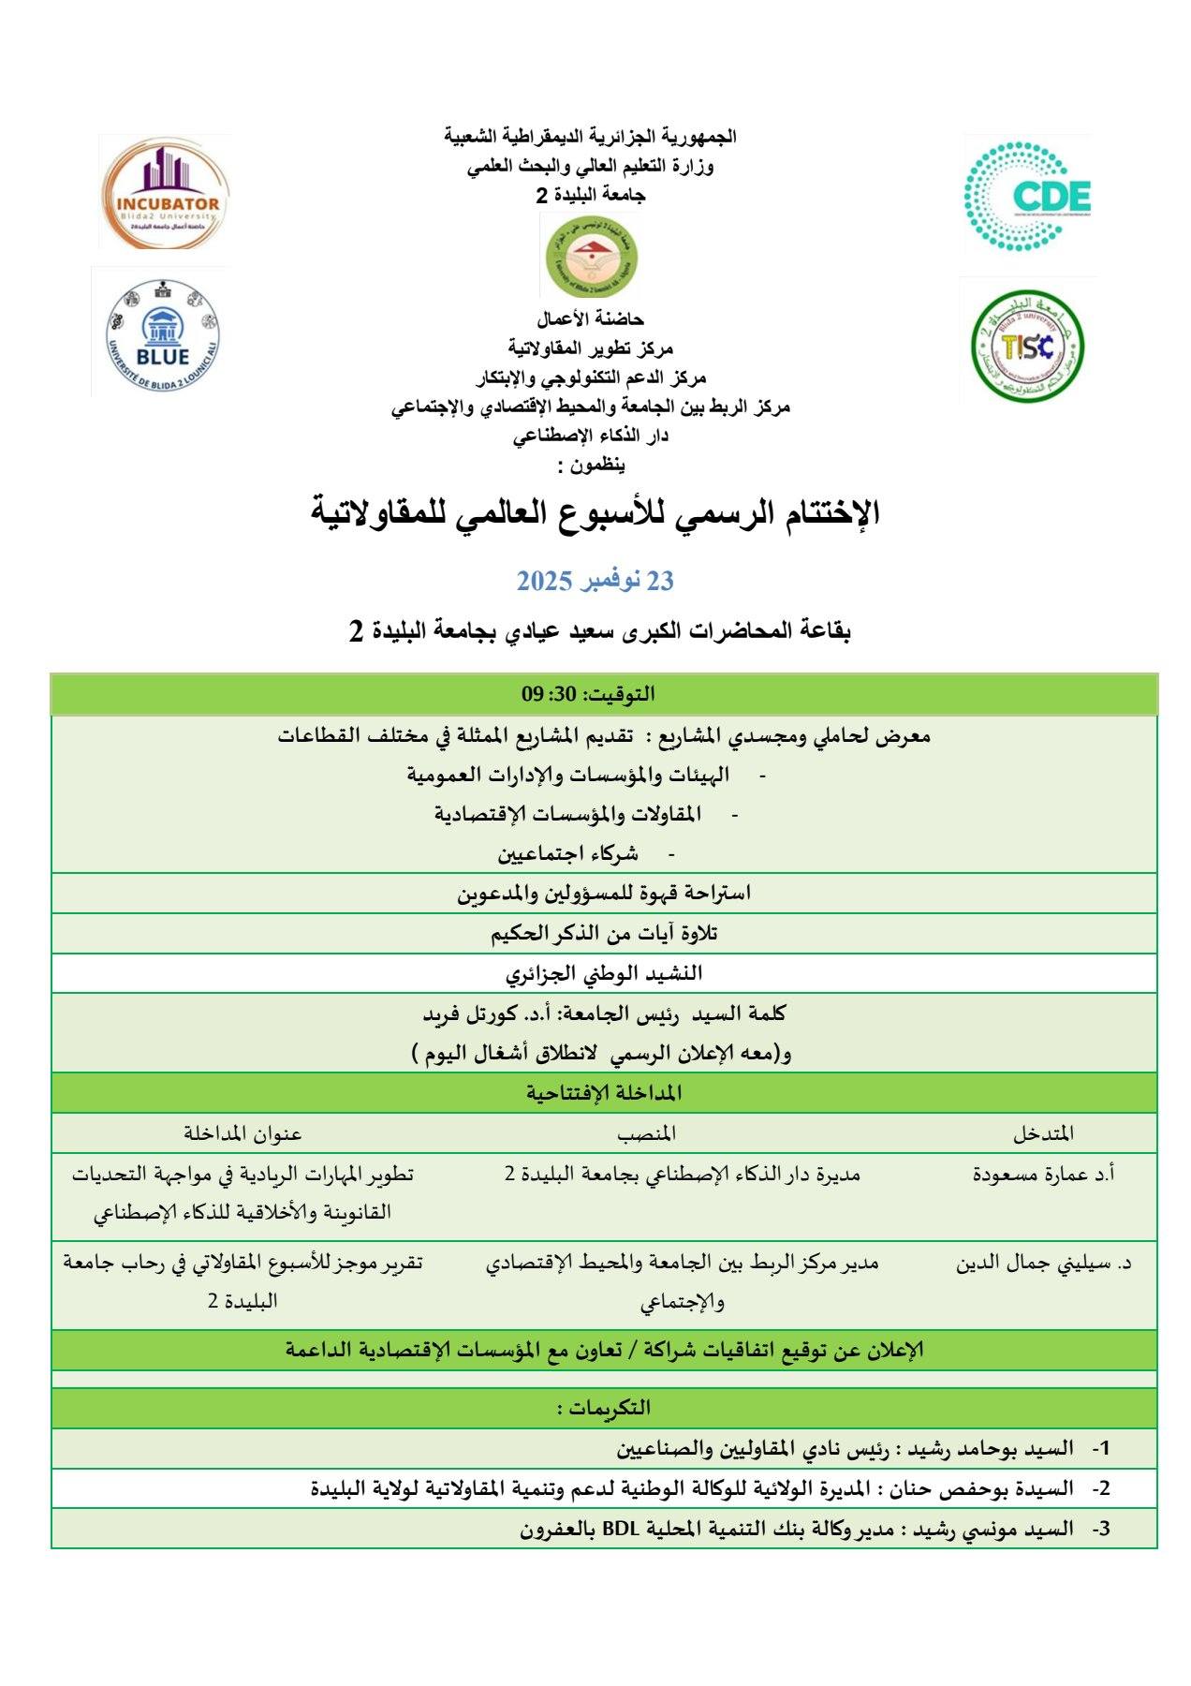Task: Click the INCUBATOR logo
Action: tap(164, 193)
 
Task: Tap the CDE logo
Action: tap(1028, 195)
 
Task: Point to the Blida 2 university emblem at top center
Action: tap(590, 255)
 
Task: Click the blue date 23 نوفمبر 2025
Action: tap(595, 581)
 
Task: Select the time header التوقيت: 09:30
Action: tap(588, 694)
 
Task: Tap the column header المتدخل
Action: tap(1043, 1133)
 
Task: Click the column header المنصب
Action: tap(646, 1133)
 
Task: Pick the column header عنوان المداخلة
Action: tap(243, 1133)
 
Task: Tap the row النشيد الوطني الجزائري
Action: tap(604, 974)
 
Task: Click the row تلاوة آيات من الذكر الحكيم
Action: tap(604, 934)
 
